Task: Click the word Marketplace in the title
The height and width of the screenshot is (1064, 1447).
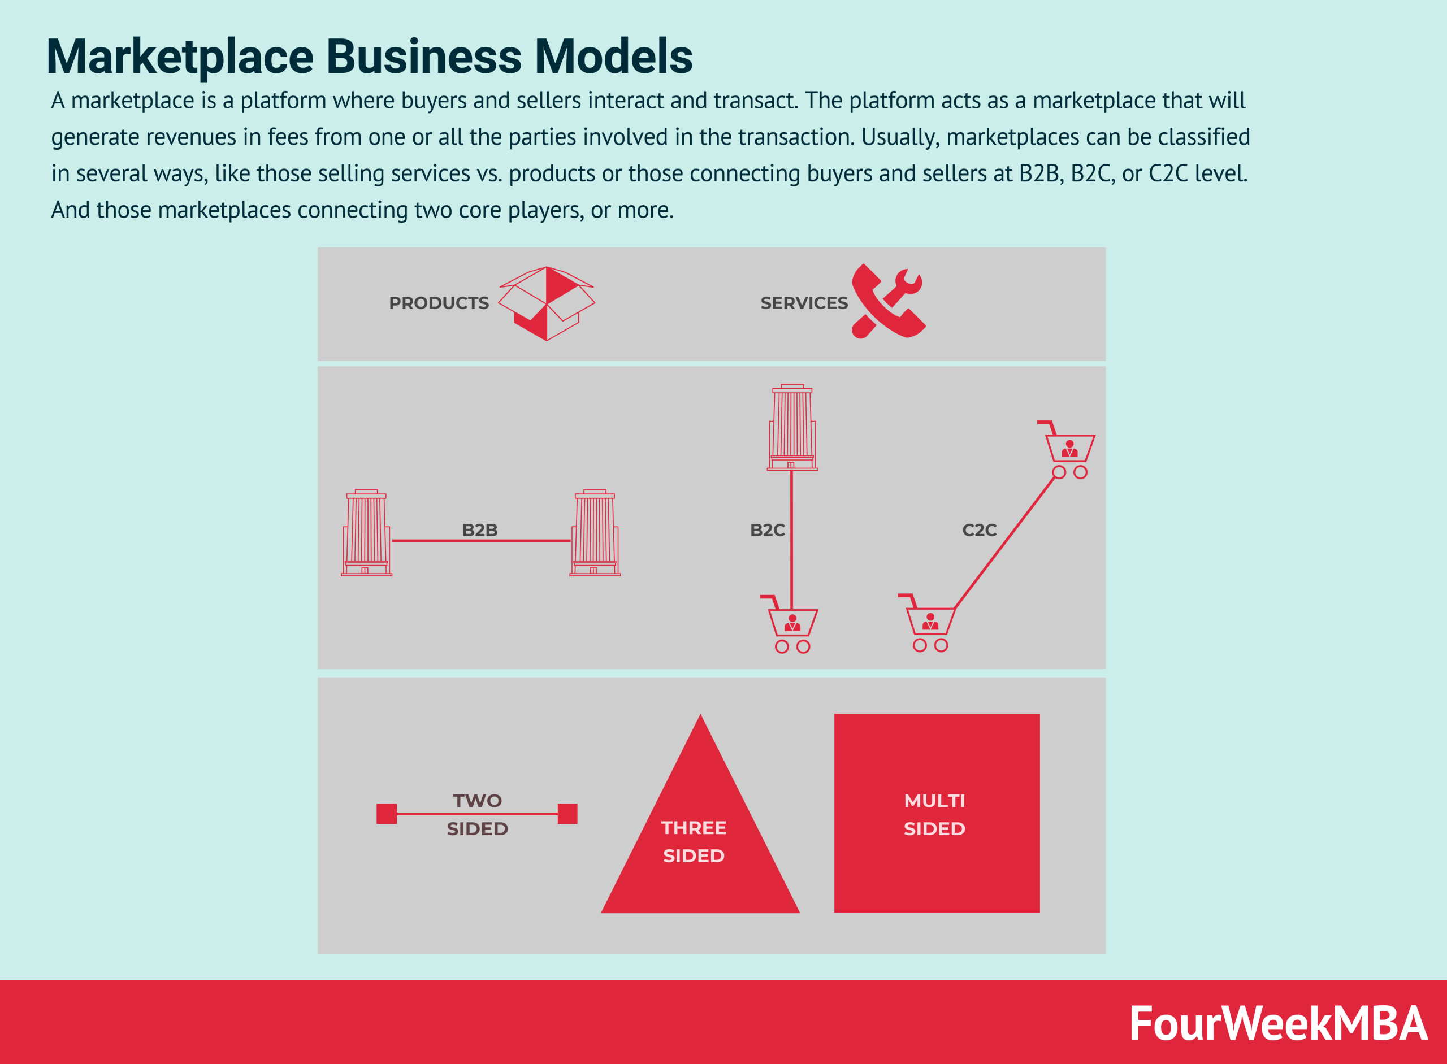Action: [180, 57]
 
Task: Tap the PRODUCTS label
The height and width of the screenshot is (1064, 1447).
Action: [439, 303]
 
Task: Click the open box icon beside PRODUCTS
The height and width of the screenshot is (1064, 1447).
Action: [547, 303]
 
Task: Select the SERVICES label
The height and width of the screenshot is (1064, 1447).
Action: [803, 303]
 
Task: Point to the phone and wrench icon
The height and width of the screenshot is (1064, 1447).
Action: [889, 301]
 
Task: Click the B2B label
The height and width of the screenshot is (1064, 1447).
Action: [479, 530]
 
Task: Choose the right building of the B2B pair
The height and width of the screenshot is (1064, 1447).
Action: [595, 533]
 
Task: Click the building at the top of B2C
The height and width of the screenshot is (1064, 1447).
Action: [792, 428]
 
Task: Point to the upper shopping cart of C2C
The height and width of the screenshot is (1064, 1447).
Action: [1068, 450]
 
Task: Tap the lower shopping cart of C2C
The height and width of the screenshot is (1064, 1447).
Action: [929, 623]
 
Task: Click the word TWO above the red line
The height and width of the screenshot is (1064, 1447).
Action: [476, 801]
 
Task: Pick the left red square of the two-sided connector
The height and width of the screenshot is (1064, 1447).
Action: [387, 814]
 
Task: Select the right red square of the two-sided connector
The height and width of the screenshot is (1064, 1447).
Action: [567, 814]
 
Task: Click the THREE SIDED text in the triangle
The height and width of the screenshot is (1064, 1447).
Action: [694, 842]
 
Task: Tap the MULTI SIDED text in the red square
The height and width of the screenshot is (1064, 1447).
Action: [934, 815]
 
